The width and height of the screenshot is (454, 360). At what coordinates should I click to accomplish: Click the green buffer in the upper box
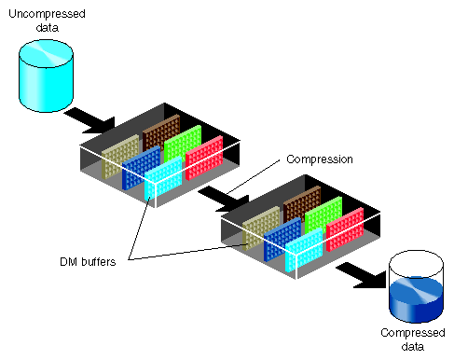tap(183, 145)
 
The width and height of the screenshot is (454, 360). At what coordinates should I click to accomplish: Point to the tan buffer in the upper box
tap(120, 155)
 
